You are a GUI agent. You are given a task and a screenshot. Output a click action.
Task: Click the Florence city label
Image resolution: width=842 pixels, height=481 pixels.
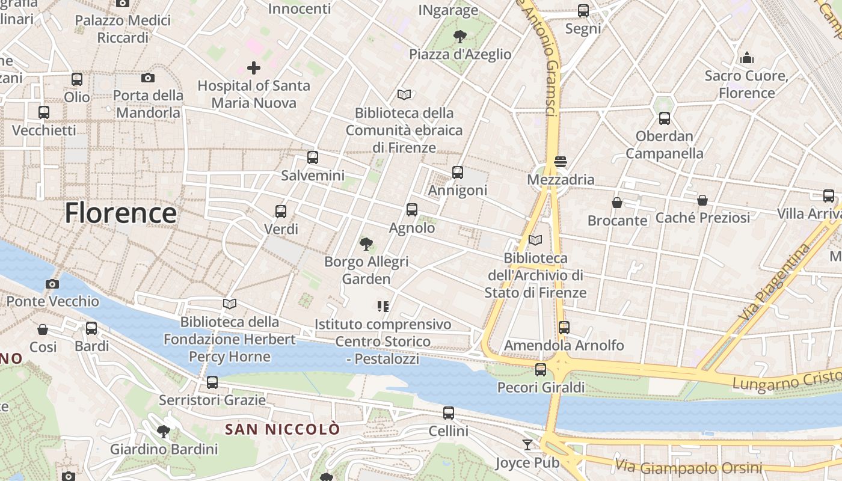[x=120, y=213]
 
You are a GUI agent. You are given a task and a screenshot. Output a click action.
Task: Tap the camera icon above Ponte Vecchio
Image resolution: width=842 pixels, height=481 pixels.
[x=52, y=284]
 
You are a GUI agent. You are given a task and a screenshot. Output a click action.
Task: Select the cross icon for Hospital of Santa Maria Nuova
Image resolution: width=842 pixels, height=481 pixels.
[x=254, y=68]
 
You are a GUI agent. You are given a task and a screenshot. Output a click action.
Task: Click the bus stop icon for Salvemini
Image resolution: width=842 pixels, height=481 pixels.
[x=312, y=158]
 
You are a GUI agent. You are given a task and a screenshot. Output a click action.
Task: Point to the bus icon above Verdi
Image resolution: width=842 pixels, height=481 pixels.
[x=281, y=211]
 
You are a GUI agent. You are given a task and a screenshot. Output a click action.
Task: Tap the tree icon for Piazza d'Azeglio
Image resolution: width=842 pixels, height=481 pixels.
[x=460, y=37]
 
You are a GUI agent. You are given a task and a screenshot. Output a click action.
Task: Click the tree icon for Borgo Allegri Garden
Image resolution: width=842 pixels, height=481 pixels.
[x=366, y=244]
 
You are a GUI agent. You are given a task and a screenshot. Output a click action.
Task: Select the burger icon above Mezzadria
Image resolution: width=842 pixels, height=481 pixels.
[x=561, y=161]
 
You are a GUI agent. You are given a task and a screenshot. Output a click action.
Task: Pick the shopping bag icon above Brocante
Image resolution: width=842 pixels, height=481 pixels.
[x=617, y=203]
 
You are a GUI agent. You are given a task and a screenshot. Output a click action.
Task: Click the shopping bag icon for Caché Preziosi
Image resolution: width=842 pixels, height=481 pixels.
[x=702, y=200]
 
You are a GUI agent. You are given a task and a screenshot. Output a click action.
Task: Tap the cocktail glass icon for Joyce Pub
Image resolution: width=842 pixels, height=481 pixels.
[x=527, y=444]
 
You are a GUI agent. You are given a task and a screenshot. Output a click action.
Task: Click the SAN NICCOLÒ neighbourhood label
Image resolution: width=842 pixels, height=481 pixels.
[x=283, y=429]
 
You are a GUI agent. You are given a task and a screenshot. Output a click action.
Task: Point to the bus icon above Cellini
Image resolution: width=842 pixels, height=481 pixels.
[x=448, y=413]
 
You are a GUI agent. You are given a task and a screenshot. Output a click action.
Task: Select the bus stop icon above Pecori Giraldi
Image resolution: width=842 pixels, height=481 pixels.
[x=541, y=369]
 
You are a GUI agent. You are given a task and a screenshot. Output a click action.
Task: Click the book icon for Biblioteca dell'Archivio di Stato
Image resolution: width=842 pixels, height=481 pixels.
[x=535, y=240]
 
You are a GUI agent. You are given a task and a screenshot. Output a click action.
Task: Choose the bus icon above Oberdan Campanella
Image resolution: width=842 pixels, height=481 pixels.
[x=664, y=118]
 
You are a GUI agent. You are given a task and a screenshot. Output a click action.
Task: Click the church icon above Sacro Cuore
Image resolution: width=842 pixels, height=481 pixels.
[x=747, y=58]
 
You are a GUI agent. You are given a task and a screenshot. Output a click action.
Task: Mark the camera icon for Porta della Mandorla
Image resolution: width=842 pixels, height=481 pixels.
[x=147, y=78]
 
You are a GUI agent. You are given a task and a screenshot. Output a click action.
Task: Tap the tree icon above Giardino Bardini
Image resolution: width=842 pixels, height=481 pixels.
[x=163, y=431]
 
